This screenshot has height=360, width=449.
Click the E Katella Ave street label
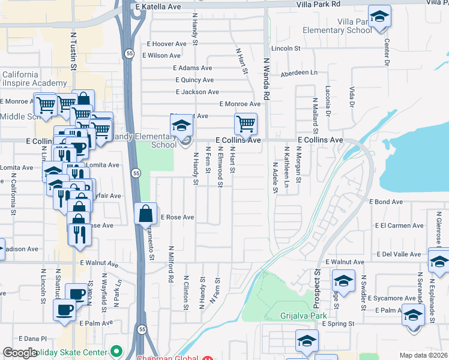158,7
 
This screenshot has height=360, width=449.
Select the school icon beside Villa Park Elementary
379,18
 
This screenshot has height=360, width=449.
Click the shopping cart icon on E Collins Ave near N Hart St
246,125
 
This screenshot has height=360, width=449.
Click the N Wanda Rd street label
267,78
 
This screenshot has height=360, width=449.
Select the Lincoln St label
286,48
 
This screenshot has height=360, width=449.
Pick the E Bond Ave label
385,202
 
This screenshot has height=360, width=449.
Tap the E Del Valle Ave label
399,254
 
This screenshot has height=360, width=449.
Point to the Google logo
20,353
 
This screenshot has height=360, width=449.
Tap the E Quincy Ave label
194,80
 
